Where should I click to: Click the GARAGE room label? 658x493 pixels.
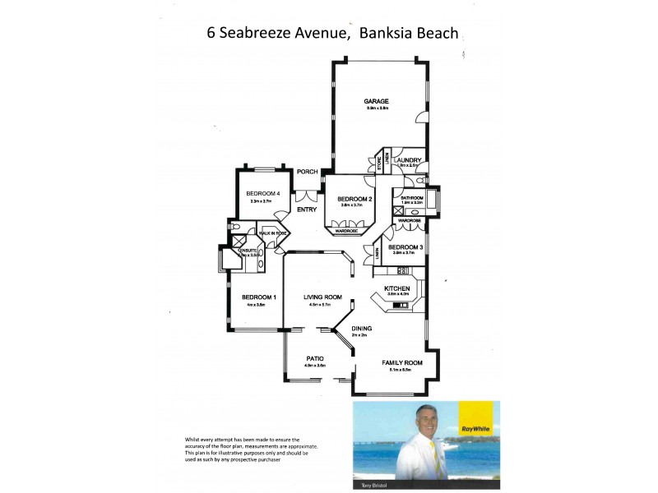[x=377, y=102]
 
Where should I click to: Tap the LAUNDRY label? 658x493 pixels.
[x=408, y=160]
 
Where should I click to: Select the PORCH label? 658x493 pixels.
[x=308, y=172]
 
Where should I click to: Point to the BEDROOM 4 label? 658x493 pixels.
[x=264, y=194]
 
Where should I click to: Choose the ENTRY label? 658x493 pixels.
[x=307, y=210]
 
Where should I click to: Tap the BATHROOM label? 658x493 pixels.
[x=412, y=198]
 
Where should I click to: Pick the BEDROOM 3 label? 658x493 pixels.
[x=405, y=247]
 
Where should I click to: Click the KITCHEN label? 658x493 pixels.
[x=397, y=288]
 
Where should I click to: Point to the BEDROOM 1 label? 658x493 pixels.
[x=258, y=297]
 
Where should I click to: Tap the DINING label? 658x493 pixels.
[x=362, y=329]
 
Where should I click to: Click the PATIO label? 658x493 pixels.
[x=315, y=358]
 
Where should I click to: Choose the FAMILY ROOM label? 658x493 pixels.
[x=402, y=362]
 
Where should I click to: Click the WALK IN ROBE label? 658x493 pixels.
[x=272, y=234]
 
